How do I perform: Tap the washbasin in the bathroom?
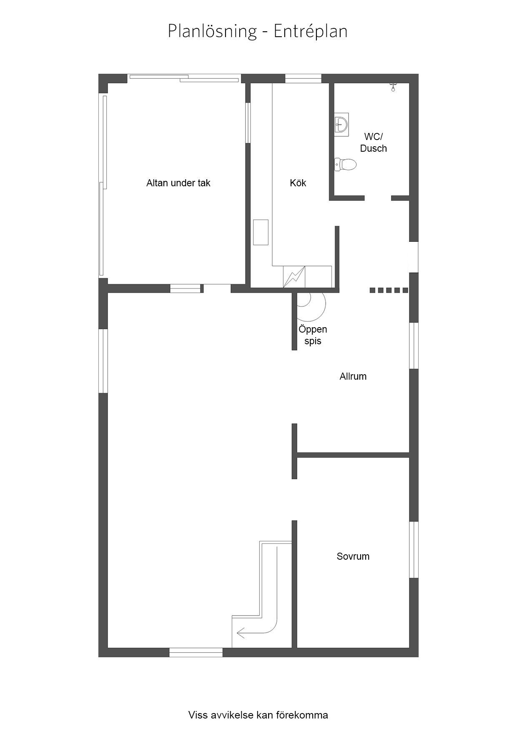pos(341,123)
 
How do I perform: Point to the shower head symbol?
pos(392,87)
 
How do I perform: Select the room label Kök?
pos(298,183)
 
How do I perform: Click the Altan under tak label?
pos(178,183)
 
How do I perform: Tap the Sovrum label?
pos(353,556)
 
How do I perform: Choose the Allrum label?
pos(353,376)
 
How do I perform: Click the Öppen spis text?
pos(313,335)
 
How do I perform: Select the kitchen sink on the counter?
pos(261,232)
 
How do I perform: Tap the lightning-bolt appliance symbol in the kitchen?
pos(294,277)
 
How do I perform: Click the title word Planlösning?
pos(212,31)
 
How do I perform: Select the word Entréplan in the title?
pos(311,31)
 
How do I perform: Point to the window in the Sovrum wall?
pos(414,550)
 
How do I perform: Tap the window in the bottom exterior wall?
pos(196,652)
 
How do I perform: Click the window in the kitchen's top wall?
pos(303,78)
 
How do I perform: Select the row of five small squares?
pos(389,290)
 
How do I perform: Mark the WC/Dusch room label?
pos(374,143)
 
